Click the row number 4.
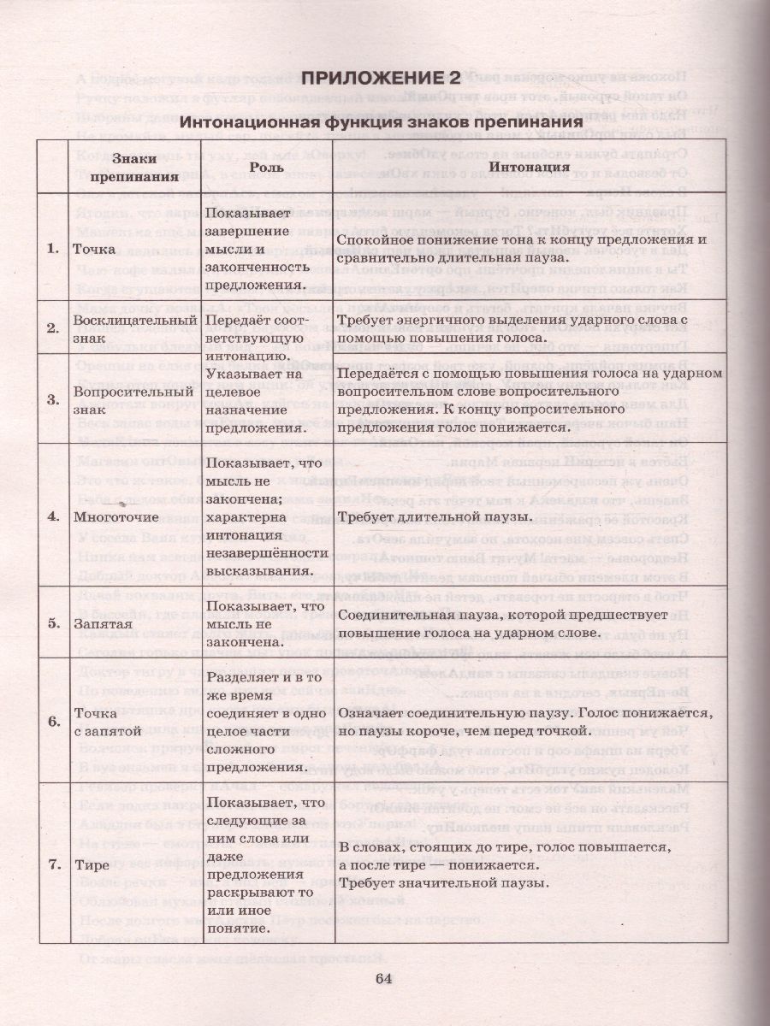point(53,516)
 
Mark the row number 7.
point(53,864)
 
